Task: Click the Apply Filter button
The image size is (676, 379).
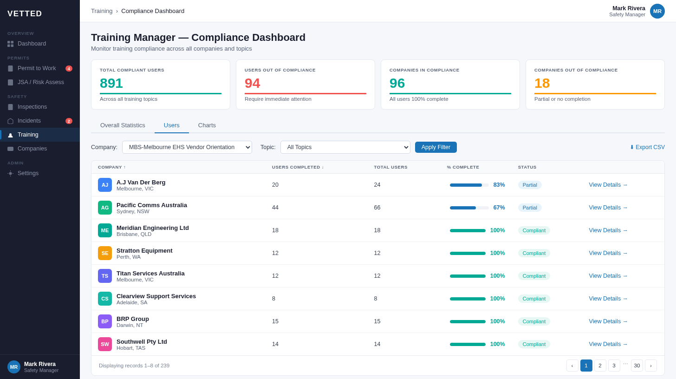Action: [x=435, y=147]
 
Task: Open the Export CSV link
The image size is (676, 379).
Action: [x=647, y=147]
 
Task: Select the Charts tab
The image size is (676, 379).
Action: [x=207, y=125]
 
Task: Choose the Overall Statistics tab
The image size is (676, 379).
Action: [x=123, y=125]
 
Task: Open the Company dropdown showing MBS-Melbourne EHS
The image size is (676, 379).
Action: [x=187, y=147]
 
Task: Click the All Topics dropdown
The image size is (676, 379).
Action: [x=345, y=147]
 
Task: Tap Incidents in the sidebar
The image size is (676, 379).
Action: [x=29, y=121]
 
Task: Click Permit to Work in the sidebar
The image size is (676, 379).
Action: [x=37, y=68]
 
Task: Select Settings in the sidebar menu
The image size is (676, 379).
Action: [x=28, y=173]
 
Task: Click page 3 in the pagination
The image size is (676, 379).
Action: [x=614, y=366]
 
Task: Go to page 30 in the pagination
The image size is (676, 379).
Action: [x=637, y=366]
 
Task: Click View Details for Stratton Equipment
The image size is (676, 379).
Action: [x=608, y=253]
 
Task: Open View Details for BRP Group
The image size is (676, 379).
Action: [x=608, y=321]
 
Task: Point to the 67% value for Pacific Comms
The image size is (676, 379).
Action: [x=499, y=208]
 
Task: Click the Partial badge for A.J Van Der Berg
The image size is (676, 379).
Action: [x=529, y=185]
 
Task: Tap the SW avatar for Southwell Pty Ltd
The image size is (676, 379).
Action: [x=105, y=344]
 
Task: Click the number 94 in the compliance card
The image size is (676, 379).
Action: [x=253, y=83]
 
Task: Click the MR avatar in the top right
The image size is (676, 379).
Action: [x=657, y=11]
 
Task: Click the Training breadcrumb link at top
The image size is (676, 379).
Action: [x=102, y=11]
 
